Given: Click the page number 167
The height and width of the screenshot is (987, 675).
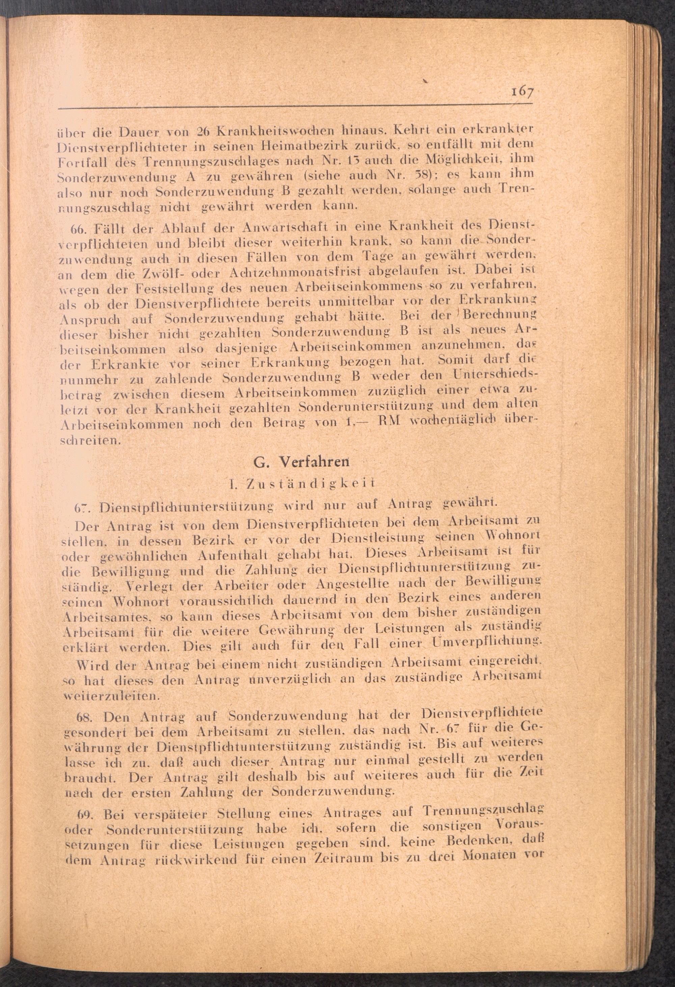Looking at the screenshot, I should pos(522,92).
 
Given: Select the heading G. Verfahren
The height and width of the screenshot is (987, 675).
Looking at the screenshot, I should pos(302,462).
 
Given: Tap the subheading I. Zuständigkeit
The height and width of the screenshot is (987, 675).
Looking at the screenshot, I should pos(302,483).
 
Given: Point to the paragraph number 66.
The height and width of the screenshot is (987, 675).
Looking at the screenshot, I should pos(79,226).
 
